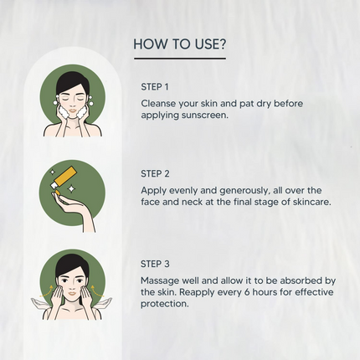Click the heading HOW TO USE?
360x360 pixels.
179,44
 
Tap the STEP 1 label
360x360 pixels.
155,86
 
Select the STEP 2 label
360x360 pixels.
155,174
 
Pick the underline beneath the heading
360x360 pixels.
179,59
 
